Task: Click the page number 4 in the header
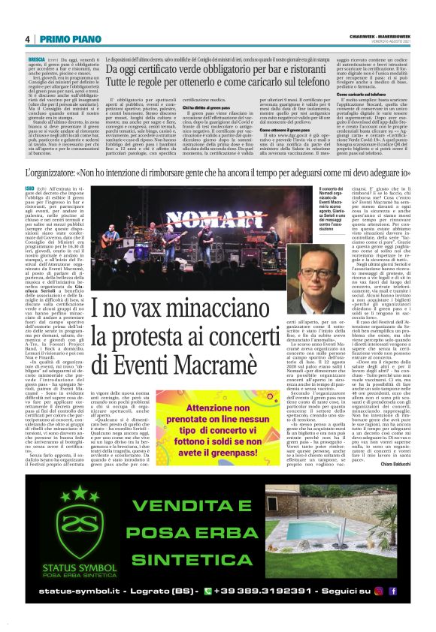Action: tap(27, 40)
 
